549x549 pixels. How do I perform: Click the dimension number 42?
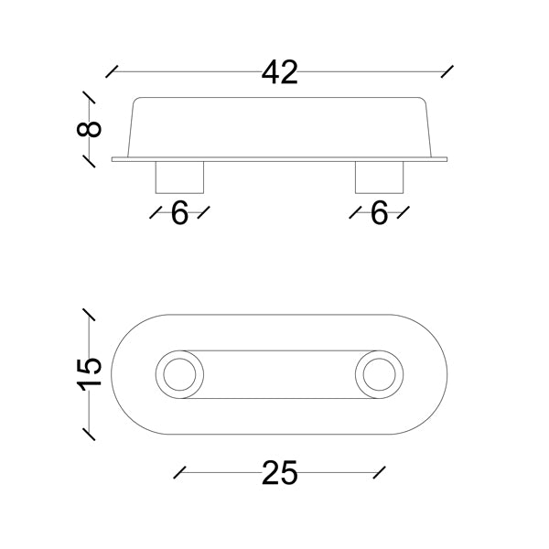pyautogui.click(x=280, y=72)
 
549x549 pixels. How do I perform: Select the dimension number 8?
pyautogui.click(x=89, y=128)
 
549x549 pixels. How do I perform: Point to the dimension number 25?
pyautogui.click(x=280, y=473)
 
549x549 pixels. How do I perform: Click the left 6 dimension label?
pyautogui.click(x=179, y=213)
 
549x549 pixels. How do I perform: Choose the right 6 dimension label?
pyautogui.click(x=380, y=213)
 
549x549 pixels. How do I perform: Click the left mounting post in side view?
pyautogui.click(x=179, y=178)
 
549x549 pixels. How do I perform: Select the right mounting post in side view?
pyautogui.click(x=379, y=178)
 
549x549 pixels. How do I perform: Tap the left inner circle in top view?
pyautogui.click(x=179, y=359)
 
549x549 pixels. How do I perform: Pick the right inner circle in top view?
pyautogui.click(x=379, y=359)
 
